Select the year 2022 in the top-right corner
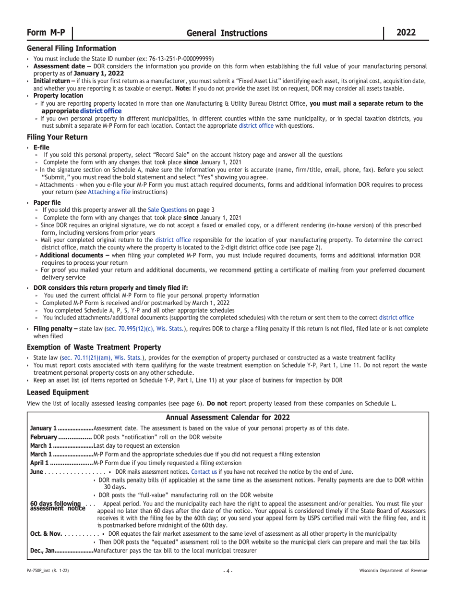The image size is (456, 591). [x=406, y=33]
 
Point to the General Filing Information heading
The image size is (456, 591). [x=72, y=48]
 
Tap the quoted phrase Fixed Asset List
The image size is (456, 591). [x=253, y=81]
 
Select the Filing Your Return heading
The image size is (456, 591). [x=57, y=137]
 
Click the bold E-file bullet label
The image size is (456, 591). [x=41, y=147]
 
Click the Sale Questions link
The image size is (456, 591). [x=167, y=209]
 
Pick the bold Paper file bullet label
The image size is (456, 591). [x=47, y=202]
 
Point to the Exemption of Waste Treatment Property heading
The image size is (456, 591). [x=94, y=347]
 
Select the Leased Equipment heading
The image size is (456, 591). [x=58, y=392]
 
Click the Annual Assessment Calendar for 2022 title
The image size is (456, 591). [x=228, y=418]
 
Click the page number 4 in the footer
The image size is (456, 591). [x=228, y=571]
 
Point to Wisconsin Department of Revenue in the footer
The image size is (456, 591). [x=393, y=571]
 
